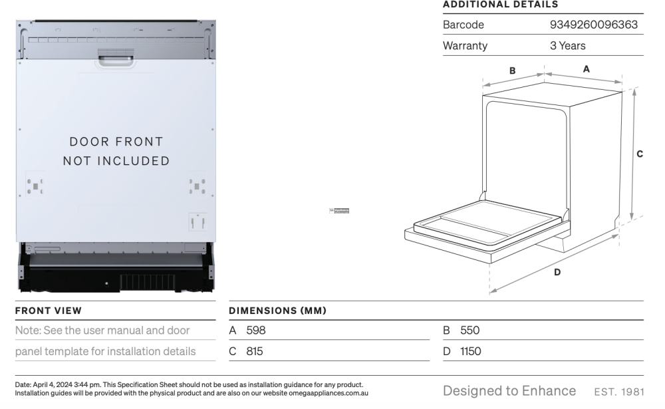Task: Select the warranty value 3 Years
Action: point(563,46)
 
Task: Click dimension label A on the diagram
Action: point(586,68)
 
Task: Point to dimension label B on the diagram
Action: point(513,70)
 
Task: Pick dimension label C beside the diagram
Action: point(640,154)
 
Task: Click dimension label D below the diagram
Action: point(557,271)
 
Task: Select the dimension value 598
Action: point(255,330)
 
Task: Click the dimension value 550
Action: point(469,330)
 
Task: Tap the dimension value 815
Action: point(255,351)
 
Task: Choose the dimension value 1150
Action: point(471,351)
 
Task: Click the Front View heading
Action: point(49,311)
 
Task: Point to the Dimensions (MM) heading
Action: point(277,311)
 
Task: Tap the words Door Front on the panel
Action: point(116,142)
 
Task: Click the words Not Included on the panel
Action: point(116,161)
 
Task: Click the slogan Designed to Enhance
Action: point(509,390)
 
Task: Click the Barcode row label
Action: point(464,25)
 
